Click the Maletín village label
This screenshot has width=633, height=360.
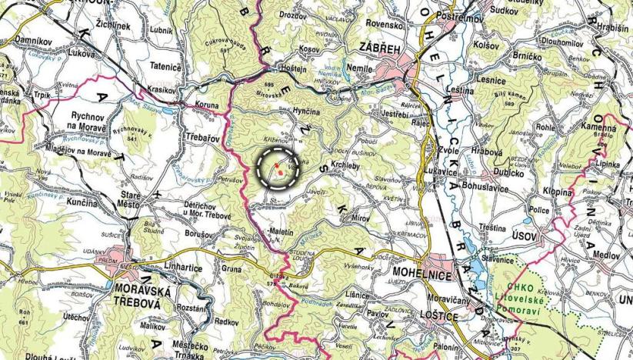[x=282, y=231]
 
